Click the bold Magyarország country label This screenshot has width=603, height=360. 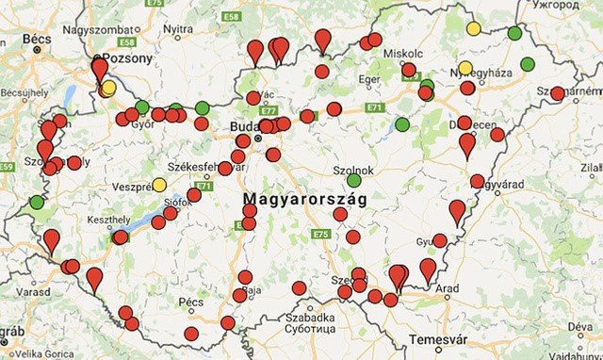click(x=304, y=200)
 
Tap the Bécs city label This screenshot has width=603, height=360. click(x=36, y=38)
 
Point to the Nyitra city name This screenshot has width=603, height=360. click(x=178, y=28)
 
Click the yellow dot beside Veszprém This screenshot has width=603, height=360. click(x=159, y=184)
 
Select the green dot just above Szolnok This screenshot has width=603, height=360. click(x=353, y=180)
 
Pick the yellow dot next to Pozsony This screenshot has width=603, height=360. click(x=109, y=88)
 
